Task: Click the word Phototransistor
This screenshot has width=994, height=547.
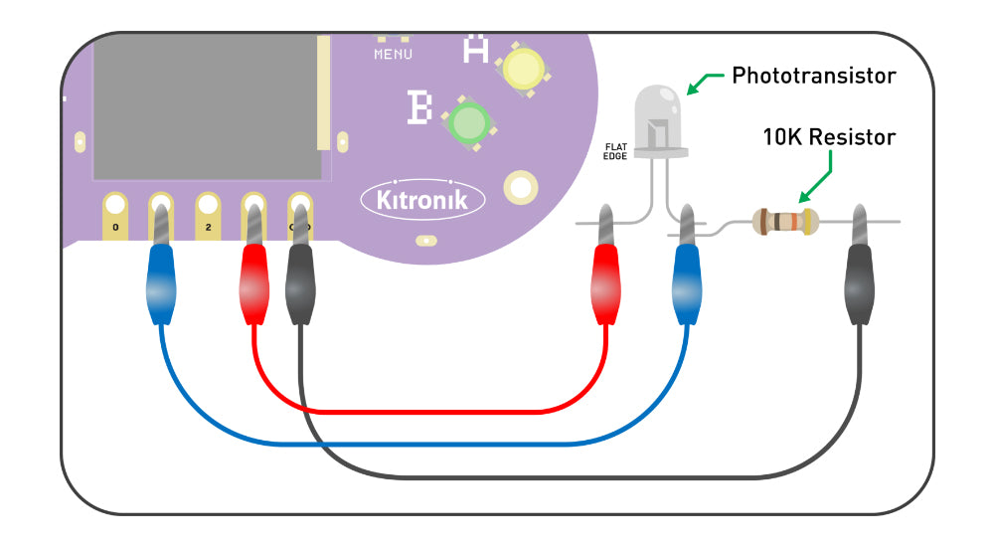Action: click(813, 76)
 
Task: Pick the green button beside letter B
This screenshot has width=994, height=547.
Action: click(467, 122)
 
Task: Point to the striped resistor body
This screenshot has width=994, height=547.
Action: click(784, 221)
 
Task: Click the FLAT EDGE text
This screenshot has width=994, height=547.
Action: click(616, 151)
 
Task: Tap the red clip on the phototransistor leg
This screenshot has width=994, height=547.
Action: click(606, 283)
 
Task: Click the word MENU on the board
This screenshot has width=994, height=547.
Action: click(393, 54)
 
